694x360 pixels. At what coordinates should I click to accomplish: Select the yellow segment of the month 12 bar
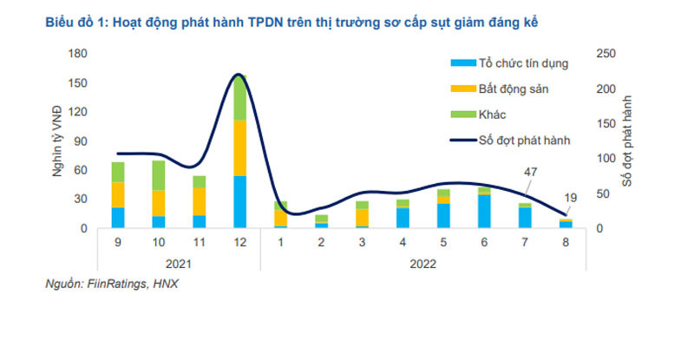tap(239, 147)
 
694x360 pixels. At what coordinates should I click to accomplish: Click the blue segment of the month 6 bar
tap(484, 212)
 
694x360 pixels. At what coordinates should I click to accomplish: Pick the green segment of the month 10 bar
tap(159, 175)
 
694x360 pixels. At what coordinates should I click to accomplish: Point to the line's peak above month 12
tap(239, 75)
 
